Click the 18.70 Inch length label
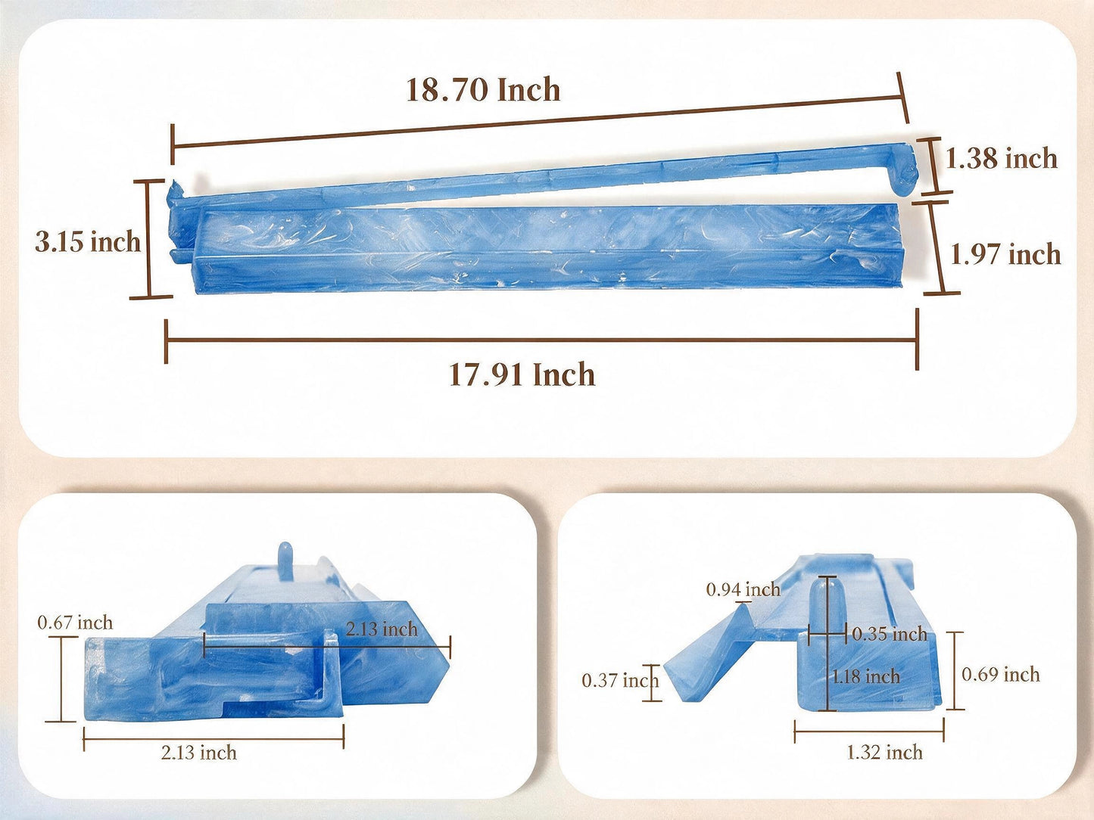pos(483,90)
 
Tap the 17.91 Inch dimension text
pos(522,375)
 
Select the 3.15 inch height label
pos(88,243)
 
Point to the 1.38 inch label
pos(1002,158)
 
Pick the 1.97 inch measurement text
pos(1005,254)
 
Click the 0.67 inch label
pos(75,623)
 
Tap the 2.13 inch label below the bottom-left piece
pos(199,752)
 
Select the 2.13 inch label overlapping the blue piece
pos(382,629)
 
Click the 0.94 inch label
pos(743,589)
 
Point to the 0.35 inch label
pos(890,634)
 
